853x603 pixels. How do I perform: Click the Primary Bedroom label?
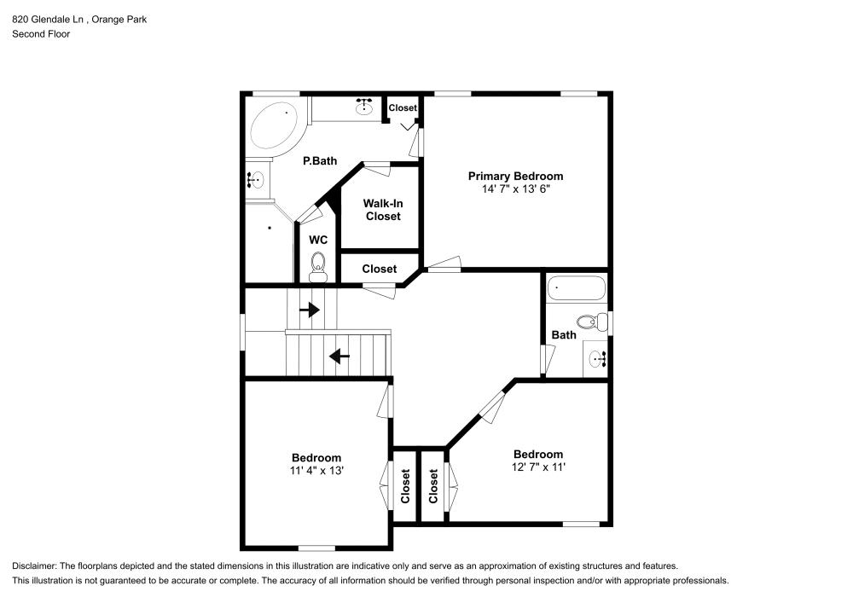click(515, 176)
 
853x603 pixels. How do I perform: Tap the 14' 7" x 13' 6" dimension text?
click(515, 189)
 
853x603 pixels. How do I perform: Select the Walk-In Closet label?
click(383, 210)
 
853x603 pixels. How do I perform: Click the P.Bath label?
click(320, 160)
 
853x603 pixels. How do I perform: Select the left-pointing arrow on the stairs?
click(339, 356)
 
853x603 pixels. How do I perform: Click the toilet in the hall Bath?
click(589, 322)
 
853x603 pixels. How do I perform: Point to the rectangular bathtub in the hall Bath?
click(576, 288)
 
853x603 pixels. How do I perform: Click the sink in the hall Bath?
click(596, 359)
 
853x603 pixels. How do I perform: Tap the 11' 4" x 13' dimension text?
click(316, 471)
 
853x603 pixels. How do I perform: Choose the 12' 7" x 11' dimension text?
click(537, 467)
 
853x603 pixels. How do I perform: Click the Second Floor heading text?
click(41, 34)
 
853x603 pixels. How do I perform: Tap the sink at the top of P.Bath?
click(366, 106)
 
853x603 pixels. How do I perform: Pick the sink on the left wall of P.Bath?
click(256, 179)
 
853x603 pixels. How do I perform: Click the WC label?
click(318, 240)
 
